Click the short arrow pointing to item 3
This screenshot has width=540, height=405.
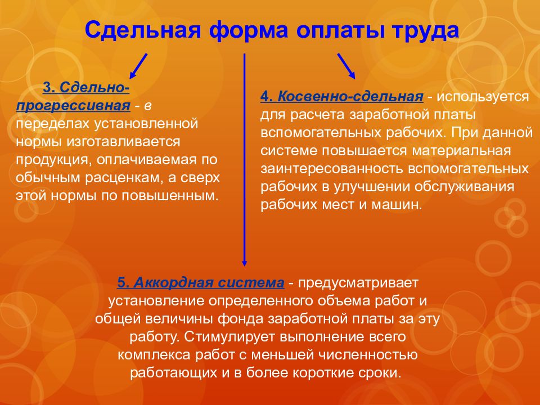[x=138, y=66]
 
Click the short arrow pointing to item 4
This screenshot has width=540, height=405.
[x=346, y=66]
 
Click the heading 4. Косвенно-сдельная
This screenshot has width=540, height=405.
[x=341, y=97]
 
